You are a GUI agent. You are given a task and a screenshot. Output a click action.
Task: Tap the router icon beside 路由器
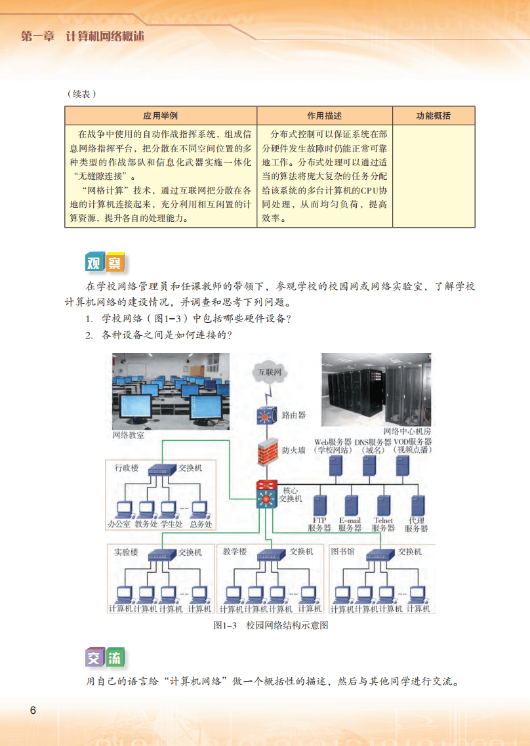pos(267,415)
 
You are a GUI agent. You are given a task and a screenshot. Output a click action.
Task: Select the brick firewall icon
pos(267,451)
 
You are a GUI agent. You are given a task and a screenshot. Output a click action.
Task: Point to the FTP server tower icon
pos(319,505)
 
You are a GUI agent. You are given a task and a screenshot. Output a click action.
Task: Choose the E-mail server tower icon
pos(350,505)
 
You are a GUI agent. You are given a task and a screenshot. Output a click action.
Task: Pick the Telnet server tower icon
pos(383,505)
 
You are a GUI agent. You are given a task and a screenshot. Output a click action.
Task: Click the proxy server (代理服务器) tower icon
pos(417,505)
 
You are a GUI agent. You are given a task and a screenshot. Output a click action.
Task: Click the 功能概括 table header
pos(434,116)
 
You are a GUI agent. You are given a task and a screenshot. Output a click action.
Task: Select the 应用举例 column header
pos(161,116)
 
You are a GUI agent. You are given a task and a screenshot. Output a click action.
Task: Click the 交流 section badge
pos(104,657)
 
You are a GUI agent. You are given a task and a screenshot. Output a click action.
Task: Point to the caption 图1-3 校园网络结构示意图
pos(271,625)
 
